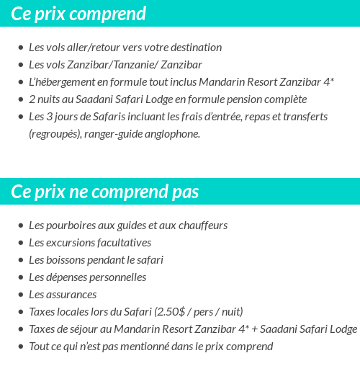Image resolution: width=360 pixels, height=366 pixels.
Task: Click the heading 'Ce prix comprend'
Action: (78, 14)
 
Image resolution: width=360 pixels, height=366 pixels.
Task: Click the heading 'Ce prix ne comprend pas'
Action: (105, 192)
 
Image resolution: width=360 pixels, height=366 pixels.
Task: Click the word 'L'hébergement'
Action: (61, 82)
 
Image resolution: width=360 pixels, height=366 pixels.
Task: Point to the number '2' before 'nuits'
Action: (32, 99)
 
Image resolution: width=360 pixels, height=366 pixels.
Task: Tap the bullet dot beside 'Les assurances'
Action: (21, 295)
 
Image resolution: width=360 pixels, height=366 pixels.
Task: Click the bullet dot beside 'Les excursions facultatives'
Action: (21, 243)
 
